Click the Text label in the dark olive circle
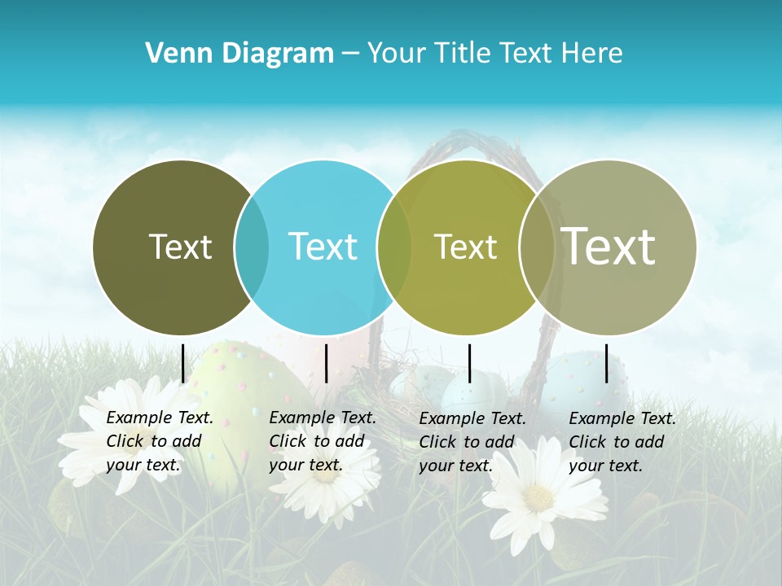tap(180, 247)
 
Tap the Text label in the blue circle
tap(323, 247)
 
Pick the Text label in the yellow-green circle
tap(465, 247)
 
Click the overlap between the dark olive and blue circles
tap(252, 247)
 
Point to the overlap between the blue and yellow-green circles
tap(394, 247)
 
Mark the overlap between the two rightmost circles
tap(537, 247)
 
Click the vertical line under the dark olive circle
tap(183, 363)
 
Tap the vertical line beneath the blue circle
tap(326, 363)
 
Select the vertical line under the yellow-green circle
tap(469, 363)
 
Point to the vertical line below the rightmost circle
tap(607, 363)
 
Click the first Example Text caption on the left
tap(160, 441)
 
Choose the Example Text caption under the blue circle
tap(323, 441)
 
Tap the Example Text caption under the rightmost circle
tap(622, 442)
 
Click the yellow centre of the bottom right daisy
tap(538, 498)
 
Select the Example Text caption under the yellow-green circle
tap(472, 442)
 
